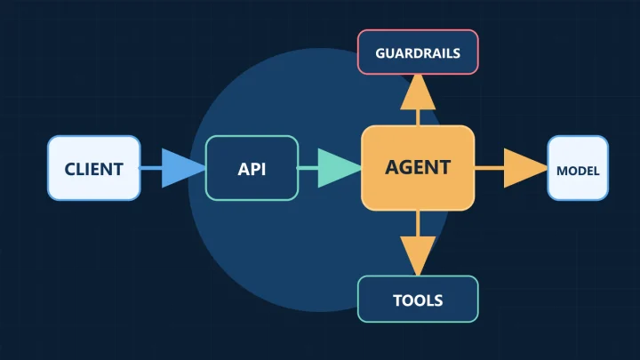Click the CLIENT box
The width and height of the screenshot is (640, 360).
tap(94, 168)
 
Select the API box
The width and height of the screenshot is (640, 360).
tap(252, 168)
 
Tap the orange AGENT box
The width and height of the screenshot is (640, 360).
tap(418, 168)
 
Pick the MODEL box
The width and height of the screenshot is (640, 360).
tap(578, 168)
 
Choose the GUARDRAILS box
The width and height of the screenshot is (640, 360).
tap(418, 52)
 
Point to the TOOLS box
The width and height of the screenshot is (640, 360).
tap(418, 300)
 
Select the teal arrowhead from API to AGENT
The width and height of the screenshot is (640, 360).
tap(340, 168)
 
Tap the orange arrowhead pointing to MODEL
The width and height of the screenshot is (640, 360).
tap(525, 168)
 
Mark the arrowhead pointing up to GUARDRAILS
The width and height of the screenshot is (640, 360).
tap(418, 92)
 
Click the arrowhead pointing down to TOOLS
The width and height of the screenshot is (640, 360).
tap(418, 256)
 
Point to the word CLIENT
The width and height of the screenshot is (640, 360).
tap(94, 169)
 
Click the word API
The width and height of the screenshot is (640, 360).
tap(252, 169)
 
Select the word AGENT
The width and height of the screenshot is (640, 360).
tap(418, 167)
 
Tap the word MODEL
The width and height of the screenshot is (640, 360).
tap(578, 171)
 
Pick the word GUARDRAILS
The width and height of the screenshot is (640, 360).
tap(418, 53)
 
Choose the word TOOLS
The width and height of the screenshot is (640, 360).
tap(418, 300)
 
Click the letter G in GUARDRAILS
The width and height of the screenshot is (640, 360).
tap(380, 53)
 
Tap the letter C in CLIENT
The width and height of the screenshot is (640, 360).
tap(70, 169)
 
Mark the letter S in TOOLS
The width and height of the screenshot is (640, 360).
tap(438, 300)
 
